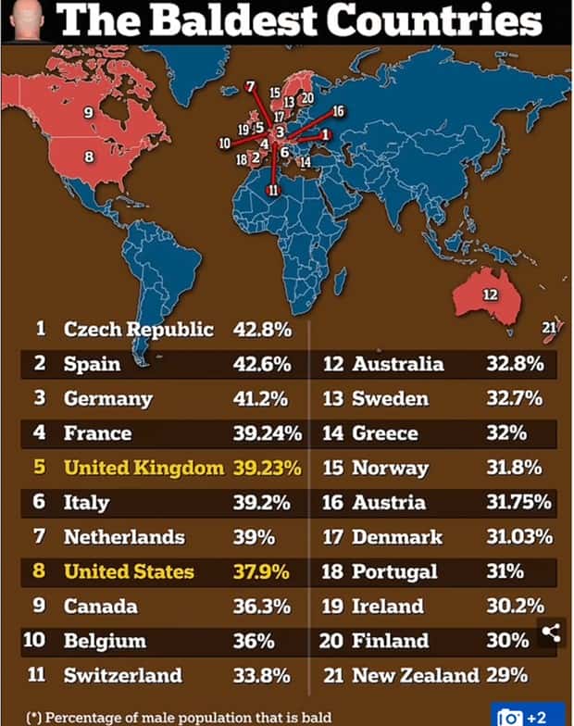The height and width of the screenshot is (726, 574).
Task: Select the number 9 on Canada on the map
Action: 89,112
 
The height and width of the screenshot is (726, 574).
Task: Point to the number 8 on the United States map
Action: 89,156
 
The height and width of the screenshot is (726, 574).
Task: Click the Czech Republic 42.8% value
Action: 263,329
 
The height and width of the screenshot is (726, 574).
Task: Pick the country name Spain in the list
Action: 92,364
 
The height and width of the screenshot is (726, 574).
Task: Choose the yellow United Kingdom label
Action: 143,468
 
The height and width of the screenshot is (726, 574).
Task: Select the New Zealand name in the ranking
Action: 415,675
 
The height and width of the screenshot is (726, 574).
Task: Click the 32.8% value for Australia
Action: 514,364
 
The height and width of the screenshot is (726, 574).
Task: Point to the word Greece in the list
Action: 385,433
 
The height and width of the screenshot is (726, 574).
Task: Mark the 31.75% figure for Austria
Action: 519,503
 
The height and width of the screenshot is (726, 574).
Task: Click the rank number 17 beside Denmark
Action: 333,537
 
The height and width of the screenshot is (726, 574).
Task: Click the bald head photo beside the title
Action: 26,19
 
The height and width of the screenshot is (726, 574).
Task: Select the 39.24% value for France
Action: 267,433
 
